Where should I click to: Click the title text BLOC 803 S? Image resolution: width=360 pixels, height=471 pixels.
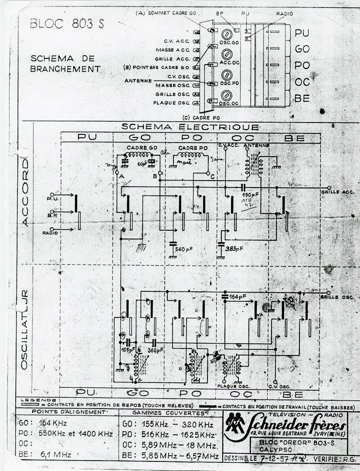pos(67,24)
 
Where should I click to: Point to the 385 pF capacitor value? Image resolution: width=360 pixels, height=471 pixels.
pos(234,249)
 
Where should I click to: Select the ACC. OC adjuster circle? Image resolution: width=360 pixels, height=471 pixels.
pos(226,55)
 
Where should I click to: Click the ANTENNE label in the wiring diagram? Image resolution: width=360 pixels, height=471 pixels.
pos(138,81)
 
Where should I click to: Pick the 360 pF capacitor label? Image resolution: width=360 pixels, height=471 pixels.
pos(155,350)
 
